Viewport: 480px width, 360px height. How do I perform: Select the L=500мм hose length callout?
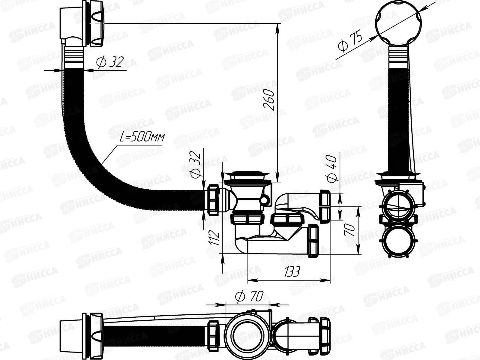[142, 137]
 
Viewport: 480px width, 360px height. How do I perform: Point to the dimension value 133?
[292, 272]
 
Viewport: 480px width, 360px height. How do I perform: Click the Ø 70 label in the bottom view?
[249, 297]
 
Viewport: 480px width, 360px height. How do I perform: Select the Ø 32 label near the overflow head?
[110, 62]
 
